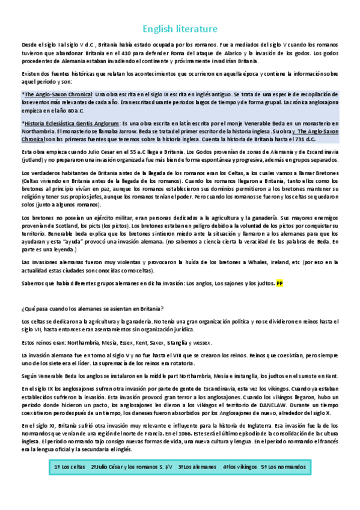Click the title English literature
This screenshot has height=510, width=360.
click(x=180, y=29)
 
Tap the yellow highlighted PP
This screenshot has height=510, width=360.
click(x=279, y=283)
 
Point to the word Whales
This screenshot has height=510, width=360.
click(x=231, y=263)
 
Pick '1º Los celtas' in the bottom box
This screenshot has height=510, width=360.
click(x=69, y=467)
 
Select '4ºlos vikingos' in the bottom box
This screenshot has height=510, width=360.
click(x=239, y=467)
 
